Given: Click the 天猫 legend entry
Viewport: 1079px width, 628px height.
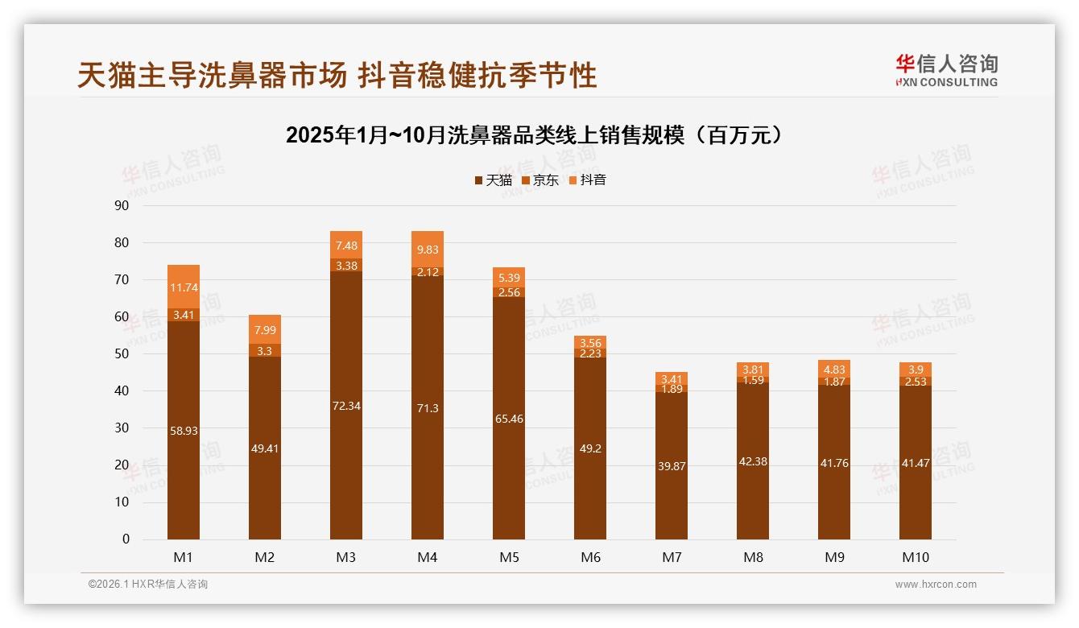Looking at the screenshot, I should [x=493, y=180].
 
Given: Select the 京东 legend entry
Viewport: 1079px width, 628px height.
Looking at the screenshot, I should [x=540, y=180].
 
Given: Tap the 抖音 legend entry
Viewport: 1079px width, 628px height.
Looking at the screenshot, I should [x=587, y=180].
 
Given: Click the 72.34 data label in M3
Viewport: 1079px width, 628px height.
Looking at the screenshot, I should [x=346, y=406].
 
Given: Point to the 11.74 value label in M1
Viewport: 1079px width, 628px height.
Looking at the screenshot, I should [x=184, y=287].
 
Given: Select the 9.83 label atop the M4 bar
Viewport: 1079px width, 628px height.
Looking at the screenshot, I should [x=428, y=250].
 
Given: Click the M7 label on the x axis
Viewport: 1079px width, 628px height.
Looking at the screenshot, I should [x=672, y=557].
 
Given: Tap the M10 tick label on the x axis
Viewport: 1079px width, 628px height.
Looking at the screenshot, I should [x=915, y=557].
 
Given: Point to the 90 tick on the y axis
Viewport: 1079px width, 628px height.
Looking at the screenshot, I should [x=122, y=205].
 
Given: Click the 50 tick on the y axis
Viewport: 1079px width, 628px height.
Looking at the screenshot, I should [x=122, y=354].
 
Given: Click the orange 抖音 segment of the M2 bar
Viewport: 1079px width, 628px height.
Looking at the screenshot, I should [x=265, y=329].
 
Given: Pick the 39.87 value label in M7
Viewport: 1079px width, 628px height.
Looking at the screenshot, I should [x=672, y=465].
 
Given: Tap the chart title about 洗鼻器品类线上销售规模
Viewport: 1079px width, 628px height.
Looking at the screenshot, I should [x=534, y=135].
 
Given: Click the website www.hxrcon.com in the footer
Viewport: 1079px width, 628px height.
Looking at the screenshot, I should [x=936, y=585].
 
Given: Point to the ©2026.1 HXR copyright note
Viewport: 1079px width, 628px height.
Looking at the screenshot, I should [x=148, y=585].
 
